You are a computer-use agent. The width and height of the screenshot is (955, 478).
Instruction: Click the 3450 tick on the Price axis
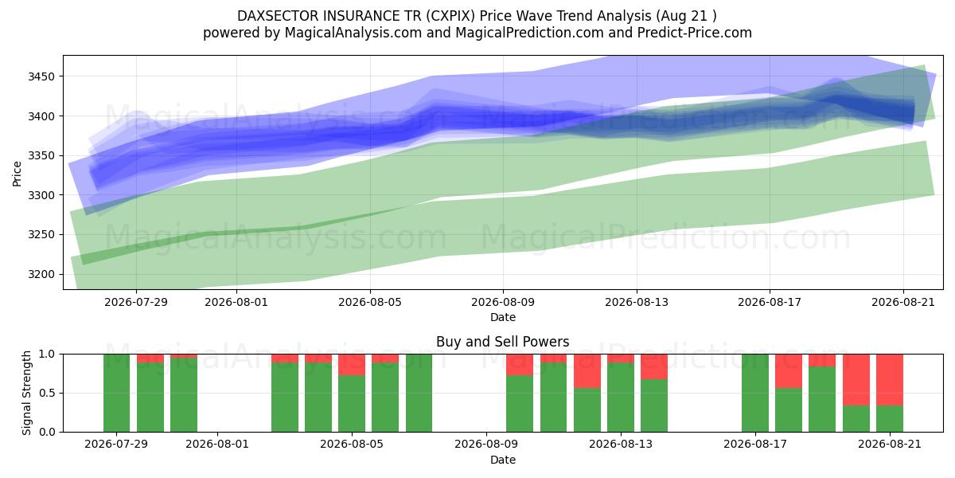pyautogui.click(x=41, y=76)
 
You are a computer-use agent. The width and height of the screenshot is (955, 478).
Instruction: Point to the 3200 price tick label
pyautogui.click(x=41, y=274)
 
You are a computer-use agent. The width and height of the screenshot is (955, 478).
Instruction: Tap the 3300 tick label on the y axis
pyautogui.click(x=41, y=195)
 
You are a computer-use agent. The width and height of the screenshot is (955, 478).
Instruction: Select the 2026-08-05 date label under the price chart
pyautogui.click(x=370, y=302)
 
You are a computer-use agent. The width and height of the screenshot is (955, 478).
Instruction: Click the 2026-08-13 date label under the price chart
pyautogui.click(x=637, y=302)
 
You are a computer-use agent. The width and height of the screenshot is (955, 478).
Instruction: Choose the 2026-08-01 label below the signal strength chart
pyautogui.click(x=217, y=445)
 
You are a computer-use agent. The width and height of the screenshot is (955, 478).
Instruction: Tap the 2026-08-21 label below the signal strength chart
pyautogui.click(x=890, y=445)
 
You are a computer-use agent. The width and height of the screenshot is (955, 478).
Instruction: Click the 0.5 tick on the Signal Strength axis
pyautogui.click(x=47, y=393)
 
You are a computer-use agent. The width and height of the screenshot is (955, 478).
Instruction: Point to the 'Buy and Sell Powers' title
pyautogui.click(x=503, y=342)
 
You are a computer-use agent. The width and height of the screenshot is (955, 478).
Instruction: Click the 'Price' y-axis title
pyautogui.click(x=17, y=174)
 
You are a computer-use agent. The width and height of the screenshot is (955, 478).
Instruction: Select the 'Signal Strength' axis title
pyautogui.click(x=26, y=393)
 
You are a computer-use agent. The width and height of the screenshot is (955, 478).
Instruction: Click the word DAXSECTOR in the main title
pyautogui.click(x=278, y=16)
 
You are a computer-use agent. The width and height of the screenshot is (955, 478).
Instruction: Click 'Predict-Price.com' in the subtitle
pyautogui.click(x=695, y=33)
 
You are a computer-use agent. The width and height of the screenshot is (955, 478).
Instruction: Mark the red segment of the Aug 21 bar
pyautogui.click(x=890, y=380)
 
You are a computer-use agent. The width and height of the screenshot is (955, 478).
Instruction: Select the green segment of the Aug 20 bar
pyautogui.click(x=856, y=419)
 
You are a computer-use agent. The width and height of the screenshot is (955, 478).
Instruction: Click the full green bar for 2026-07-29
pyautogui.click(x=116, y=393)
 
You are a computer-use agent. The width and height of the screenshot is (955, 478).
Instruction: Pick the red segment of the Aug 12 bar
pyautogui.click(x=587, y=371)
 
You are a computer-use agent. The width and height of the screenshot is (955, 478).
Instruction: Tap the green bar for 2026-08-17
pyautogui.click(x=755, y=393)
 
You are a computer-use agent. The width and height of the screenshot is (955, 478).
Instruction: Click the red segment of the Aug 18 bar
pyautogui.click(x=789, y=371)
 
